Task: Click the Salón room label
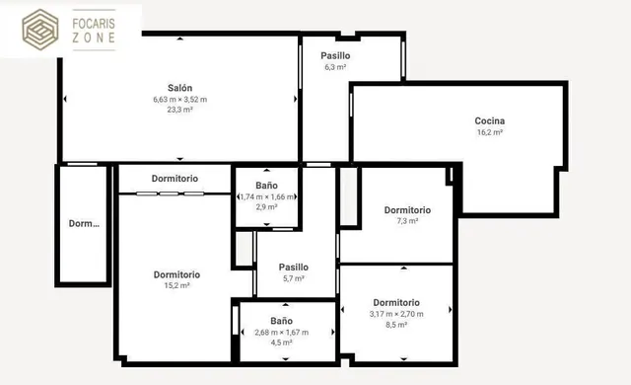coord(179,88)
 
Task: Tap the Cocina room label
coord(490,120)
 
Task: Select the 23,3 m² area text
coord(179,110)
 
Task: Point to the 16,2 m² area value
coord(490,132)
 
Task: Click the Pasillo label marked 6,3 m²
coord(335,55)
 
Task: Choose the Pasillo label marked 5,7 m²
coord(294,267)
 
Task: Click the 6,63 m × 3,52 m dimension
coord(179,99)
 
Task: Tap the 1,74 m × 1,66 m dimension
coord(267,196)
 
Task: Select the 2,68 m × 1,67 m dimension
coord(281,333)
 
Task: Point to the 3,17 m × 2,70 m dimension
coord(396,314)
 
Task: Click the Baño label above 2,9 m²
coord(267,186)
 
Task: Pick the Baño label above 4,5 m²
coord(281,321)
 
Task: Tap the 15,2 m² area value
coord(176,285)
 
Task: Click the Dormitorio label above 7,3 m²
coord(407,210)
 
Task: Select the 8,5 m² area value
coord(396,325)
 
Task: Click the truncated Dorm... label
coord(84,223)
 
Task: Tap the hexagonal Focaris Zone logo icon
coord(39,30)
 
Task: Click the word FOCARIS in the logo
coord(94,24)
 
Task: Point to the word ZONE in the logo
coord(94,38)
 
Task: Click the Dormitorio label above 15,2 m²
coord(176,274)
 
